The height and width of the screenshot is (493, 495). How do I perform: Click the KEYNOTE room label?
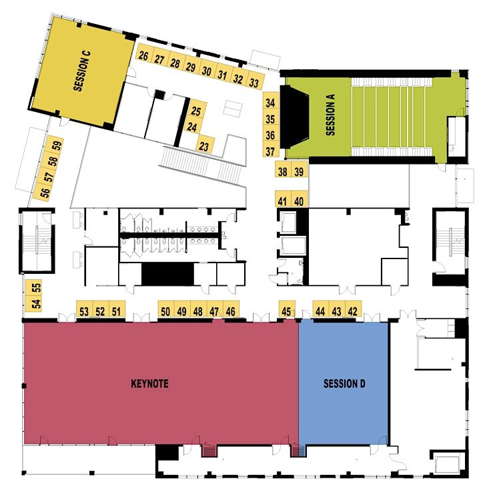(149, 384)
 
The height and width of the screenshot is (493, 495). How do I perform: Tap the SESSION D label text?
(344, 384)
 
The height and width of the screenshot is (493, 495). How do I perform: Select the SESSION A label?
(330, 115)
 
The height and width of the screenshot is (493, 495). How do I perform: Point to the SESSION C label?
(82, 71)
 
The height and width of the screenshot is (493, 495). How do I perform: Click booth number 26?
(143, 56)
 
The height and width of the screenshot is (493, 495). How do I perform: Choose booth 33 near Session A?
(254, 83)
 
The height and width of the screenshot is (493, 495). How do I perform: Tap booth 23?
(204, 147)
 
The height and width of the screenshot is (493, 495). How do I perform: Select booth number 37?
(270, 151)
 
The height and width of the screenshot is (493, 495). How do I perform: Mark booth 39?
(299, 171)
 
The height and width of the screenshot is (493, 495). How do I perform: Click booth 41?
(283, 201)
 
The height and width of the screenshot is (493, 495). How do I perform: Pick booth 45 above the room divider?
(287, 311)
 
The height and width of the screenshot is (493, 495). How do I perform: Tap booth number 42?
(353, 311)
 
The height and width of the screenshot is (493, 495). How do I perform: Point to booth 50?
(165, 311)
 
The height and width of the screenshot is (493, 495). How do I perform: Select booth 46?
(231, 311)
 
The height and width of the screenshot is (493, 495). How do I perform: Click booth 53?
(84, 311)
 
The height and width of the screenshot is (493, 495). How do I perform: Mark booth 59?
(57, 146)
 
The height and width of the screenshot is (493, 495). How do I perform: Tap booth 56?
(45, 192)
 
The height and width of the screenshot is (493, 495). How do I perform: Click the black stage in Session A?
(293, 117)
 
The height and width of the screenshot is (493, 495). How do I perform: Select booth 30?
(207, 71)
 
